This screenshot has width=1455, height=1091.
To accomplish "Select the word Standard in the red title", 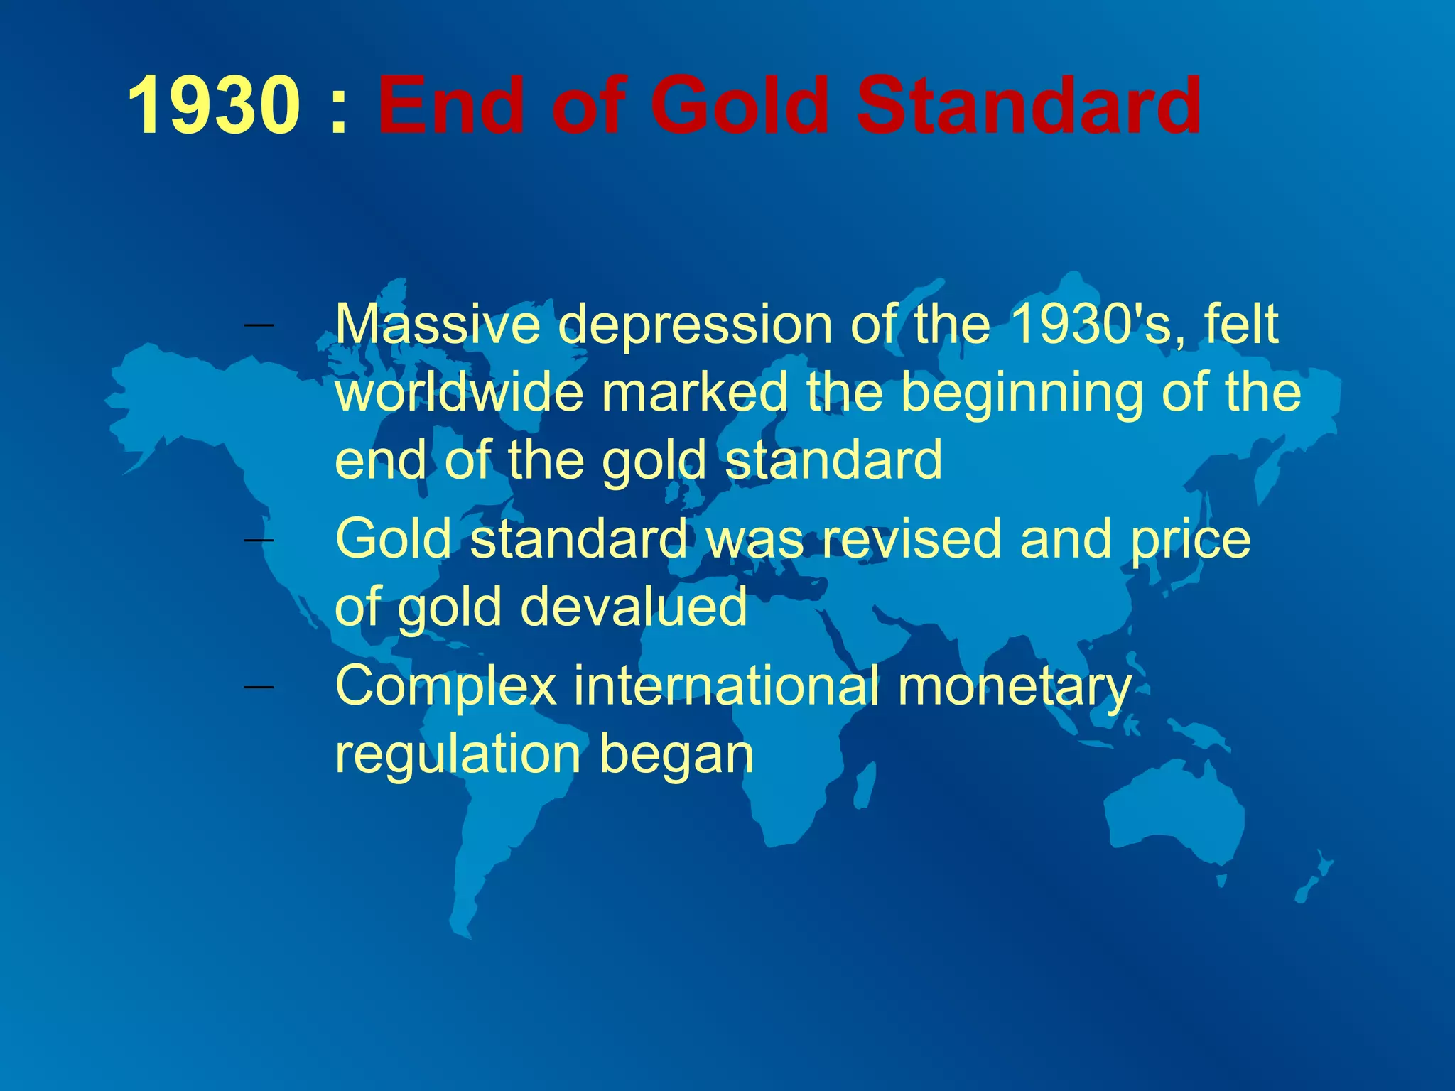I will tap(1028, 107).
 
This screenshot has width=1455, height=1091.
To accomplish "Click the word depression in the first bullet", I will tap(695, 325).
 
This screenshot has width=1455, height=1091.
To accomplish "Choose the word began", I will tap(676, 756).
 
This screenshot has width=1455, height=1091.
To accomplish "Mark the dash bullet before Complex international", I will tap(258, 687).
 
